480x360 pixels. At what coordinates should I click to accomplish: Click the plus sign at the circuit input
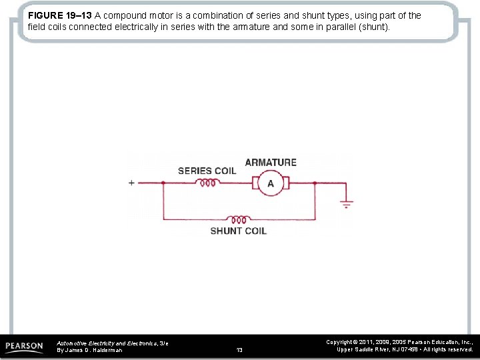click(131, 183)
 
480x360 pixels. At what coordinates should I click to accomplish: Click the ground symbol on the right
click(347, 203)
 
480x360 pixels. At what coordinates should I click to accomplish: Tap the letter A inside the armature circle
click(271, 183)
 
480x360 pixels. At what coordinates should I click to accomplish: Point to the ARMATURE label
click(271, 162)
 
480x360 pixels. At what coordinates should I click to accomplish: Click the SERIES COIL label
click(207, 171)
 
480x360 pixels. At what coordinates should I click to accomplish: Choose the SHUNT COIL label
click(238, 231)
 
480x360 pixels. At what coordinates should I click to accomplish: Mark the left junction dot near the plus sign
click(163, 183)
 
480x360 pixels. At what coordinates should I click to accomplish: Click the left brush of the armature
click(254, 183)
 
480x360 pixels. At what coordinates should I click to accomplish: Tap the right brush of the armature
click(287, 183)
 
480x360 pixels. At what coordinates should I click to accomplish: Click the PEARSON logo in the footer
click(24, 347)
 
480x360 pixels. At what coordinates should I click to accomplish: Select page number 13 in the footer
click(239, 349)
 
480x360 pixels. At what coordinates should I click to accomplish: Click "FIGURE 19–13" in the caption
click(60, 15)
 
